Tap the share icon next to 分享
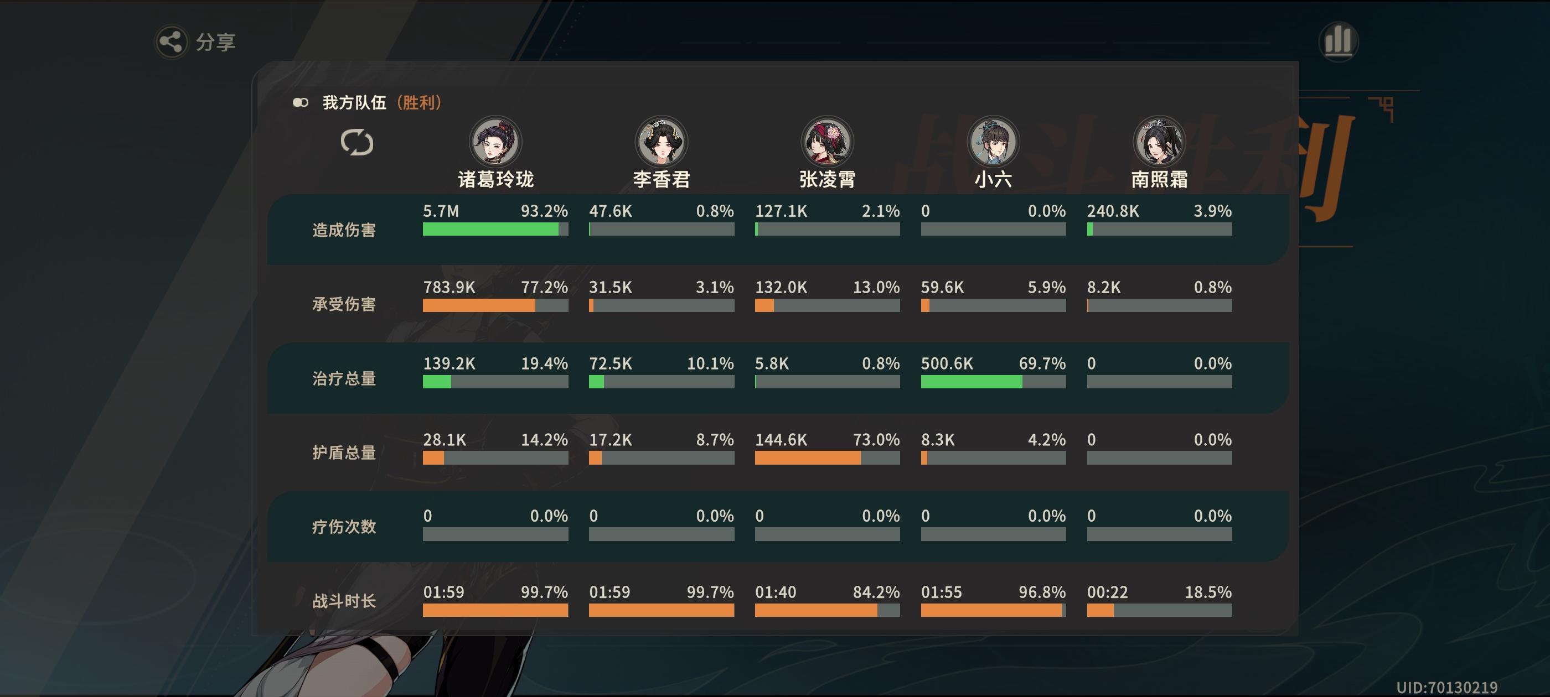coord(171,41)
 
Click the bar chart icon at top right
coord(1337,41)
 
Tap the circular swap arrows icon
coord(357,143)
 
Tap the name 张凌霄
coord(828,179)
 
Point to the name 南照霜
coord(1159,179)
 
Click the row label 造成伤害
coord(344,230)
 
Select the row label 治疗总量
coord(344,378)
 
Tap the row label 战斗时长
coord(344,601)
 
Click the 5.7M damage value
coord(441,211)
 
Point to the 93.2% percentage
coord(544,211)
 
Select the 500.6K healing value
coord(947,363)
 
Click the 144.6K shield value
coord(781,440)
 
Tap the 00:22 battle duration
coord(1107,592)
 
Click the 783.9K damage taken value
coord(449,288)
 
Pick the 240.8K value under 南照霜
coord(1113,211)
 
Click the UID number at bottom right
coord(1446,688)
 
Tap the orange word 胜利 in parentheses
coord(419,103)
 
